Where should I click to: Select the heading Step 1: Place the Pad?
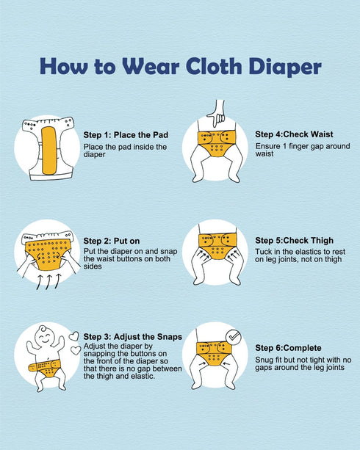click(x=126, y=135)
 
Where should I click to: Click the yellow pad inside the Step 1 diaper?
click(x=49, y=150)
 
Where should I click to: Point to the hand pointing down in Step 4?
click(x=217, y=114)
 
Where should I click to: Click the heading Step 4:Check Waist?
click(x=294, y=134)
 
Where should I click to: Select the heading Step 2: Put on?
click(x=112, y=241)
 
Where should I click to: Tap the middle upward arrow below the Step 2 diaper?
click(x=48, y=281)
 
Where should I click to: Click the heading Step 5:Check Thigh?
click(x=294, y=240)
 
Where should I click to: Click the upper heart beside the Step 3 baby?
click(x=74, y=336)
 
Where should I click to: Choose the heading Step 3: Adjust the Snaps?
click(x=133, y=337)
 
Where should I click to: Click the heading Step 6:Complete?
click(x=288, y=348)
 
